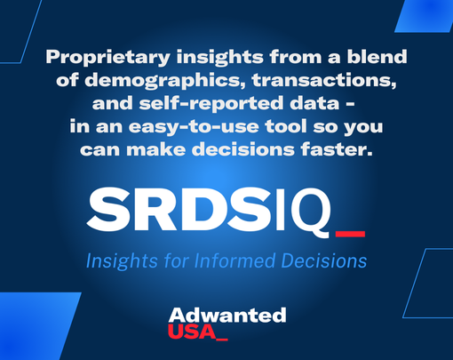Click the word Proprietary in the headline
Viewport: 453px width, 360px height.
[x=94, y=58]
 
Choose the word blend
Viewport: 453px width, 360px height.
[x=377, y=58]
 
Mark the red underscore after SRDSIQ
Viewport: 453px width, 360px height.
[x=350, y=234]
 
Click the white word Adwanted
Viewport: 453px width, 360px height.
[x=226, y=315]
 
